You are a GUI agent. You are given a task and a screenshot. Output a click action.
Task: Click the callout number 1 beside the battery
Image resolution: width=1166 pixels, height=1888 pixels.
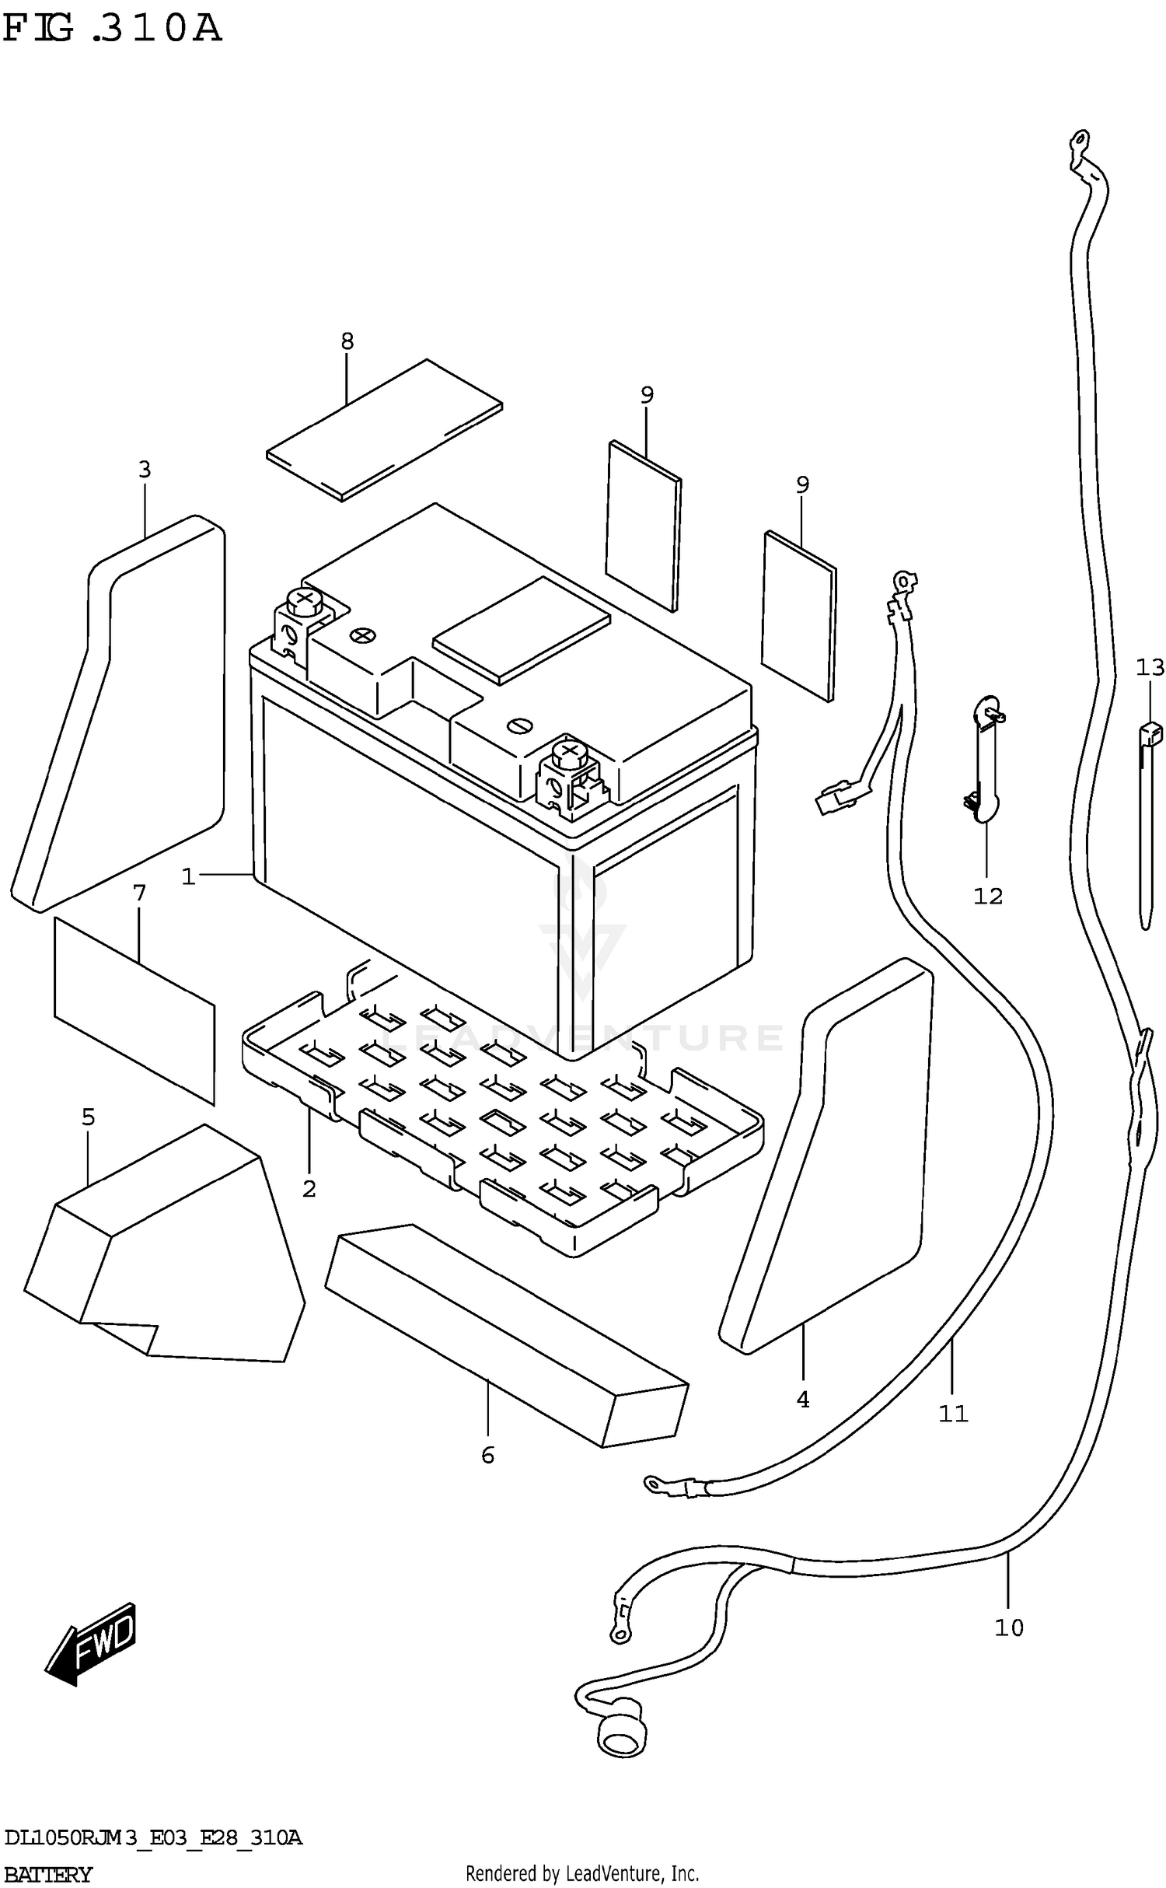click(187, 877)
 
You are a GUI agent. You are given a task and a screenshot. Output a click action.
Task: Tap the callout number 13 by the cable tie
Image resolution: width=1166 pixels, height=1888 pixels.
click(1150, 667)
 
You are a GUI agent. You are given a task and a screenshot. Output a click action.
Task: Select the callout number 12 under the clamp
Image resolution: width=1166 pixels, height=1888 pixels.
click(988, 896)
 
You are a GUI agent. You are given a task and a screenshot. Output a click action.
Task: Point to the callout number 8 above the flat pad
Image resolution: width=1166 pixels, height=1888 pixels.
click(347, 341)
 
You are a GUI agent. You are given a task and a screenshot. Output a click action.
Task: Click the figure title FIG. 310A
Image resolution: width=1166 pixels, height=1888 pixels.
click(113, 30)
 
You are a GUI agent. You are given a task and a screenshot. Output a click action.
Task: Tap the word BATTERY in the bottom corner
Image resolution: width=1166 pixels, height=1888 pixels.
click(48, 1874)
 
